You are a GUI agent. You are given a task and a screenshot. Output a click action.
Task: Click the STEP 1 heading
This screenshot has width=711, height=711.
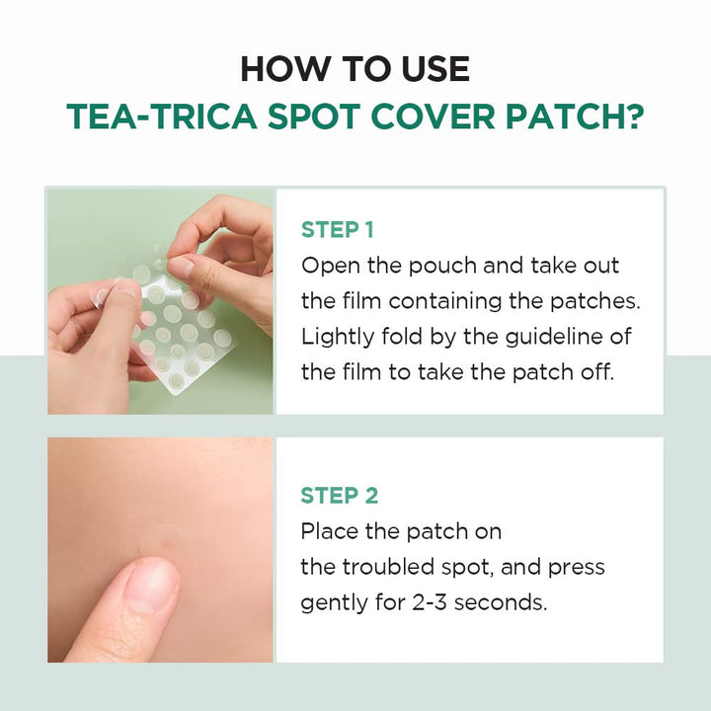[x=338, y=230]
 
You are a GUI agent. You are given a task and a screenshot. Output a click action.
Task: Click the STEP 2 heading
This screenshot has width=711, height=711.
[x=340, y=496]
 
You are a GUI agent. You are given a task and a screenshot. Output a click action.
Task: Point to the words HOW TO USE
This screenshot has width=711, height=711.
[x=355, y=69]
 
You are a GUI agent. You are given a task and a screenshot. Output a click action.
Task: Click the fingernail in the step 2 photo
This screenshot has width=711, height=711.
[x=149, y=586]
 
